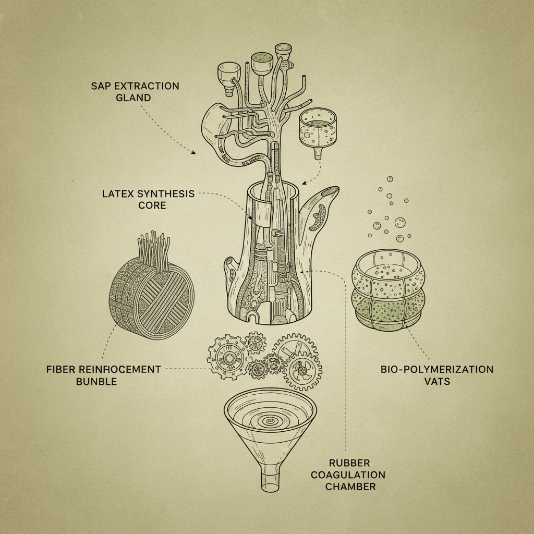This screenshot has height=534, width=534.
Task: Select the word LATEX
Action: (118, 194)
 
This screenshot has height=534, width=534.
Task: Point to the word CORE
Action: (152, 205)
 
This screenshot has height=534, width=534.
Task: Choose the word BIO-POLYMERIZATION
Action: (437, 369)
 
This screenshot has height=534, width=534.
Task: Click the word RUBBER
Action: (349, 463)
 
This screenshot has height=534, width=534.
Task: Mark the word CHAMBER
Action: (350, 487)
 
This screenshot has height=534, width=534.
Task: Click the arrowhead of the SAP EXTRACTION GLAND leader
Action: (193, 153)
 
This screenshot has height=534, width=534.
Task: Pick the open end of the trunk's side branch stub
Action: (330, 192)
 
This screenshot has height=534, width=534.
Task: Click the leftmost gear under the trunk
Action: (228, 358)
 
